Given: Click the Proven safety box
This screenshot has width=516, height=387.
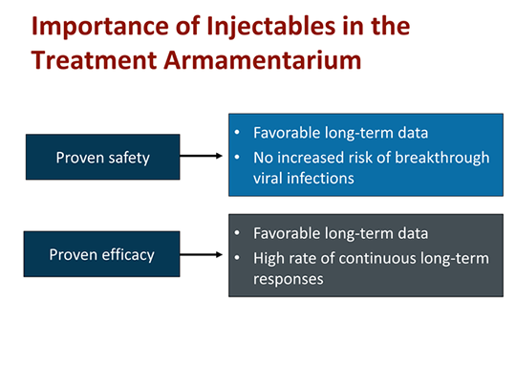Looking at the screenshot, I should point(103,158).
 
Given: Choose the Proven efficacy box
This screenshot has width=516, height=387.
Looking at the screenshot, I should point(103,255).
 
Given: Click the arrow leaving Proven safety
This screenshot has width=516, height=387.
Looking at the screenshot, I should point(203,158).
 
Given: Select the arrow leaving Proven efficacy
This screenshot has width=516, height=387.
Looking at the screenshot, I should point(203,255).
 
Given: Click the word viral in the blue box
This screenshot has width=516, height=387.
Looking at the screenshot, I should point(271,177).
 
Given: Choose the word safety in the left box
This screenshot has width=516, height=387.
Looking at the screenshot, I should point(127,158).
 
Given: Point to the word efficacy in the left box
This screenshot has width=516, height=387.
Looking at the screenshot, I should point(126,255).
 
